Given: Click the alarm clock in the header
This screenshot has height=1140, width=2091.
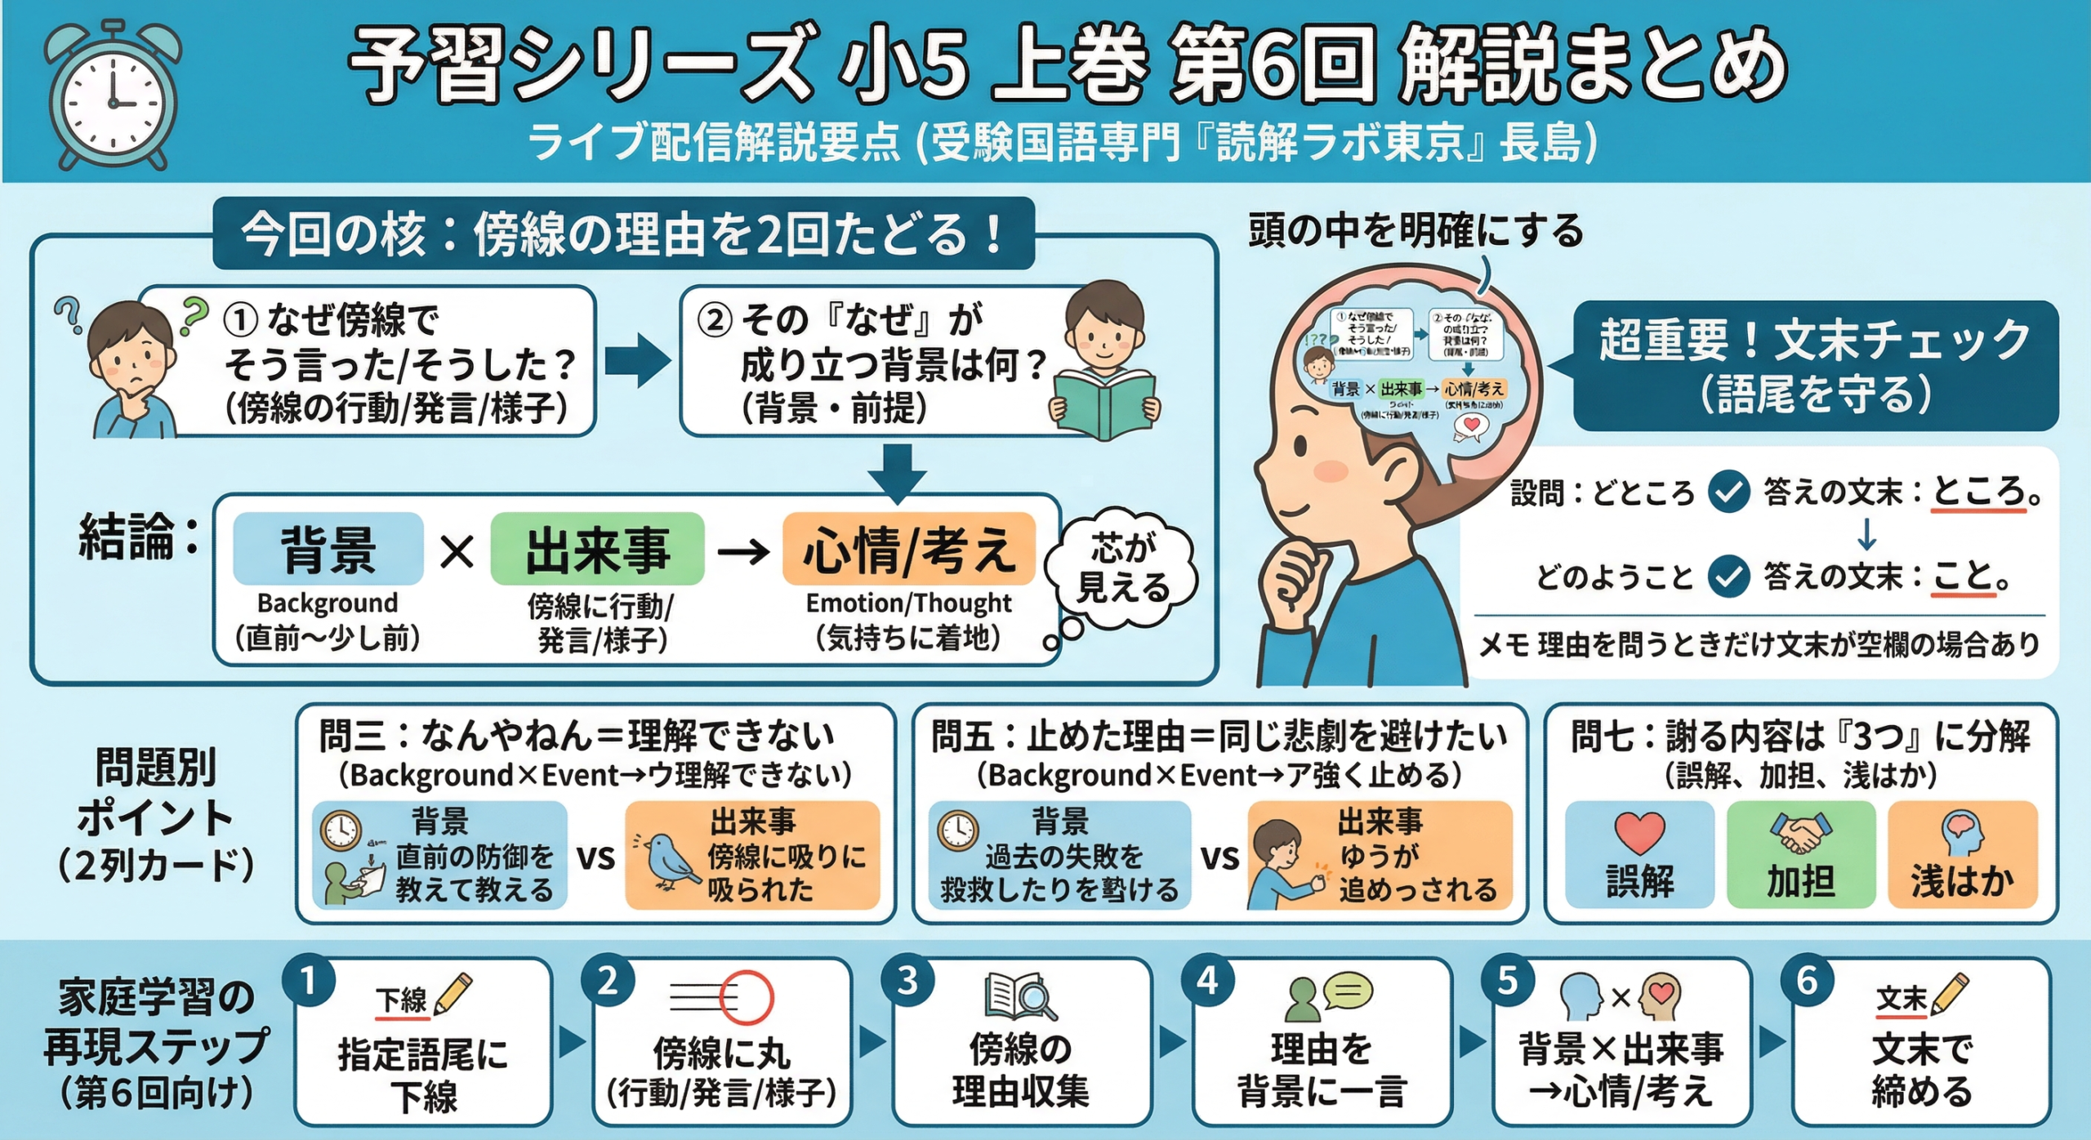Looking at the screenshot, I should pyautogui.click(x=113, y=96).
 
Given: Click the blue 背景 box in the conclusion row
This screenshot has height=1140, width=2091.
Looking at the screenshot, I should pyautogui.click(x=328, y=549).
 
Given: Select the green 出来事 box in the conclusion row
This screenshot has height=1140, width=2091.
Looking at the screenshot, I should pyautogui.click(x=597, y=549).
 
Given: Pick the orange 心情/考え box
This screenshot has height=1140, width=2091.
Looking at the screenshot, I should pyautogui.click(x=908, y=549).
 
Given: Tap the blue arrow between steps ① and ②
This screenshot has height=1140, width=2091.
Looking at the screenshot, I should pyautogui.click(x=637, y=360).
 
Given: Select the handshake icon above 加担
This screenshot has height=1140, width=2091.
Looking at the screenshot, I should pyautogui.click(x=1800, y=833).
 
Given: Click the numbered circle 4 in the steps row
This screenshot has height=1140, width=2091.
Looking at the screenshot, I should pyautogui.click(x=1206, y=981).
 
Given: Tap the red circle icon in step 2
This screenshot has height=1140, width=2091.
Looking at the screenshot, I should pyautogui.click(x=746, y=997).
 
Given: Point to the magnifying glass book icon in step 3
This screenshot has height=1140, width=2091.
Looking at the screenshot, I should pyautogui.click(x=1020, y=996).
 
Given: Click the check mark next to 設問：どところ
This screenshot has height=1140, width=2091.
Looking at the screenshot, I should pyautogui.click(x=1729, y=492).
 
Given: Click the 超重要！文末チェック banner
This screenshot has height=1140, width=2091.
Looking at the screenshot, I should pyautogui.click(x=1815, y=365).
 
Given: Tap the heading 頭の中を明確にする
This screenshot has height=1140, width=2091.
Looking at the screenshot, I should pyautogui.click(x=1416, y=231).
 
